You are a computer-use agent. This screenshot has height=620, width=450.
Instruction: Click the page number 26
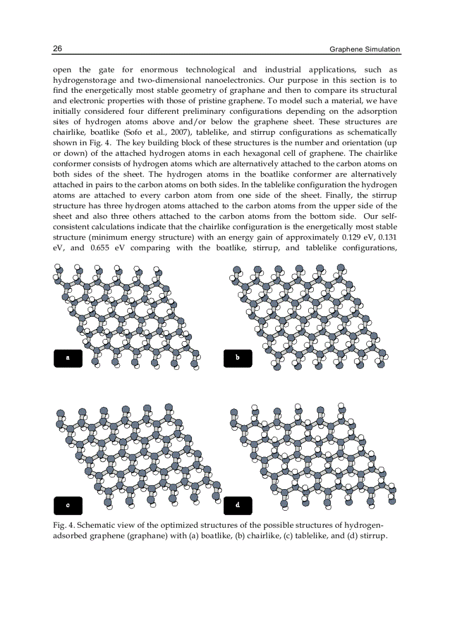(57, 49)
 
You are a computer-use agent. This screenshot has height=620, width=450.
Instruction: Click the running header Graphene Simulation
(365, 49)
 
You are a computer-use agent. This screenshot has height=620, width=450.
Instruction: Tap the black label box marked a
(68, 358)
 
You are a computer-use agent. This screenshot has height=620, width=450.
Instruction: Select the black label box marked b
(238, 358)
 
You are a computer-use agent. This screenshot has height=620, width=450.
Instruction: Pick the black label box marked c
(68, 505)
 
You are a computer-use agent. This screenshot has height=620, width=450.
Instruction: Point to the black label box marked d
(238, 505)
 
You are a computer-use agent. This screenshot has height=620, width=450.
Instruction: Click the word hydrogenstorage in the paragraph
(85, 80)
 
